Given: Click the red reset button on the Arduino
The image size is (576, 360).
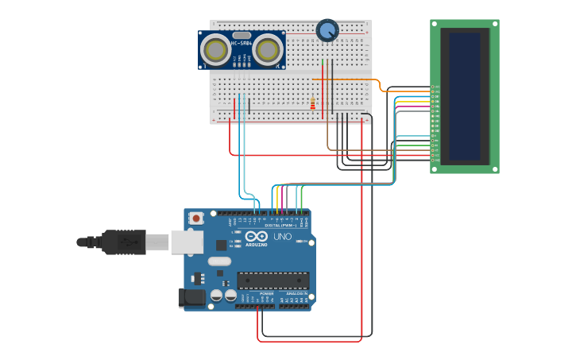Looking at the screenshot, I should [x=195, y=217].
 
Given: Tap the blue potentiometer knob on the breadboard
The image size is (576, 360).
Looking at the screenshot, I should [x=327, y=30].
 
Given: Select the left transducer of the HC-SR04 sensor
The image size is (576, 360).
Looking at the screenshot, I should [x=216, y=51].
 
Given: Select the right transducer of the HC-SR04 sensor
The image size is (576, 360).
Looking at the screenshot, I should [x=268, y=51].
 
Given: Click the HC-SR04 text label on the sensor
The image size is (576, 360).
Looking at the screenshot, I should [x=242, y=42].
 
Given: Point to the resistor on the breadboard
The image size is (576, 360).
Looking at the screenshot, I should [x=313, y=103].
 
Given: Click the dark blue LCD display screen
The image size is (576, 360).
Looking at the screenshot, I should [x=465, y=95].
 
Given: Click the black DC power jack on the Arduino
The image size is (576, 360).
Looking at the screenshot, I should [x=191, y=298].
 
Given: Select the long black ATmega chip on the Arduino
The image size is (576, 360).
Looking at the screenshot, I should [x=273, y=281].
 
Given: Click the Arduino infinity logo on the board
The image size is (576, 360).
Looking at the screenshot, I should [x=257, y=237].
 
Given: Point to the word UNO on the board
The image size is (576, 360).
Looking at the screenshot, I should [x=283, y=237].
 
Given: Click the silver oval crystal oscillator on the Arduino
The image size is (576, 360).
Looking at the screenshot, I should [x=218, y=261].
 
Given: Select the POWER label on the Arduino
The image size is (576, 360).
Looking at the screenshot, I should [x=266, y=293].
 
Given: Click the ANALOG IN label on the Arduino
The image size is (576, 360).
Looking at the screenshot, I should [x=297, y=293].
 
